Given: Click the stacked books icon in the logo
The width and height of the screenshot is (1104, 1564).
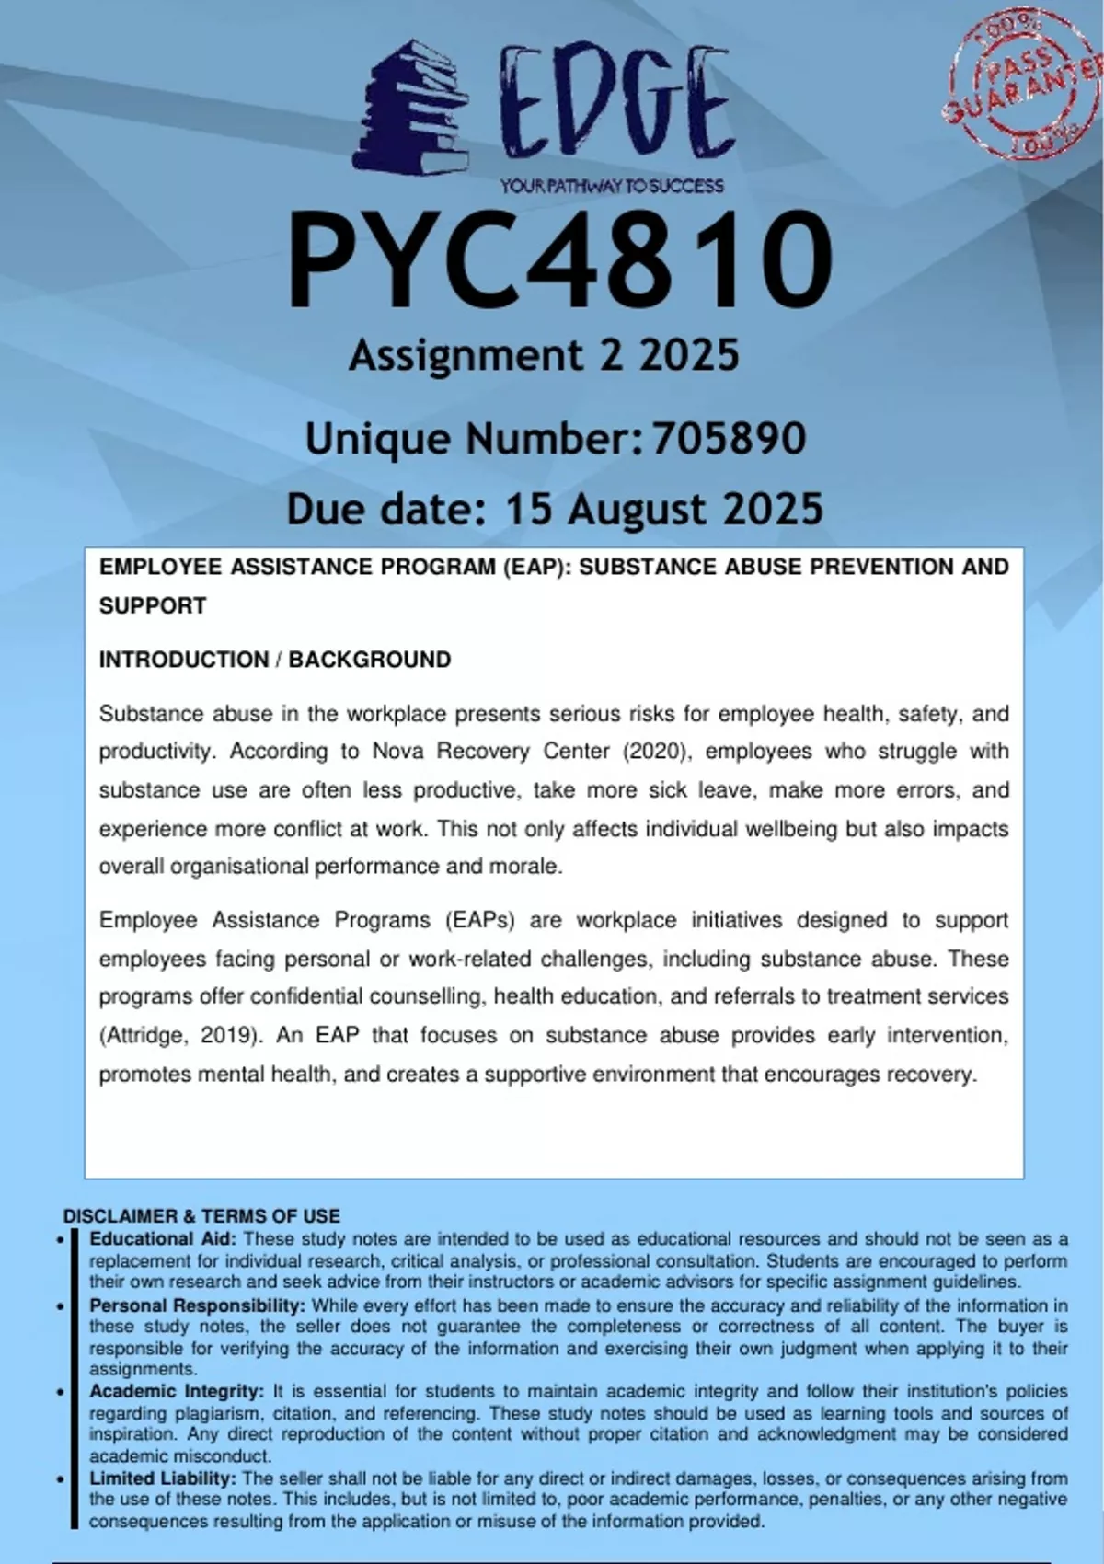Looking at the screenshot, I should (408, 109).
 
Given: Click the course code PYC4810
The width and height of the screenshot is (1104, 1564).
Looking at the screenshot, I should (559, 261).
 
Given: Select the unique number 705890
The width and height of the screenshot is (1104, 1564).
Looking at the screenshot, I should (729, 439).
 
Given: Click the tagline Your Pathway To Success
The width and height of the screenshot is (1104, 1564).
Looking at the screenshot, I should (612, 187).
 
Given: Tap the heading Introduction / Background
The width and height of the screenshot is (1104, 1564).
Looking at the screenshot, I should (275, 660).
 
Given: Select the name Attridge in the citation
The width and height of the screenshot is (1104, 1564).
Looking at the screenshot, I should (141, 1035).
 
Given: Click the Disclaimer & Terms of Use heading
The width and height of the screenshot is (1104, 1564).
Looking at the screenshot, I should (201, 1215).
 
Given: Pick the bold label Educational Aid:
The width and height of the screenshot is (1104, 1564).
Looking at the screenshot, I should (163, 1239).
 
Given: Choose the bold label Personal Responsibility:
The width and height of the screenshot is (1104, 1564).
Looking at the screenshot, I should (197, 1305).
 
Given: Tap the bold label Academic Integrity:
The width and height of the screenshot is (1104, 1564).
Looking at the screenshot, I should (177, 1391).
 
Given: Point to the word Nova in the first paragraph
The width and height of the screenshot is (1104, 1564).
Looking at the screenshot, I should (397, 752).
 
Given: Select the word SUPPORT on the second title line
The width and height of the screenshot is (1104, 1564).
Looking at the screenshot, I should (153, 606).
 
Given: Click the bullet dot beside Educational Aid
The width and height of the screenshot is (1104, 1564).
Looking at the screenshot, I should (61, 1240).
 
